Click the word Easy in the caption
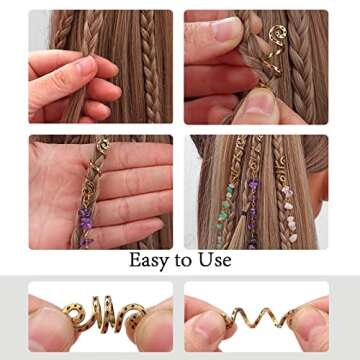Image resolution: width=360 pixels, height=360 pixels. pos(148,261)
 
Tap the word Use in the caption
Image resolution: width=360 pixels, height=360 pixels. pos(213,261)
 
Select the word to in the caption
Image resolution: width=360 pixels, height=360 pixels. pos(182,262)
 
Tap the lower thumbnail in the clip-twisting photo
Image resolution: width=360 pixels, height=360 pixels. pos(258,102)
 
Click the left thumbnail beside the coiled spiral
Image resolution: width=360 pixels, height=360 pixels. pos(47,322)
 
